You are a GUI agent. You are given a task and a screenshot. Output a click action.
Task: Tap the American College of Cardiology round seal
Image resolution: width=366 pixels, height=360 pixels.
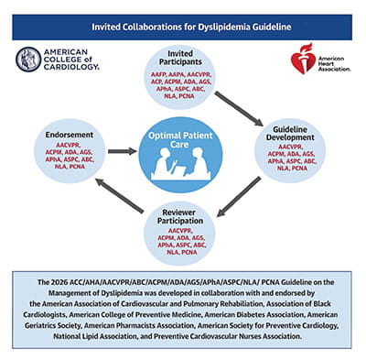pos(28,60)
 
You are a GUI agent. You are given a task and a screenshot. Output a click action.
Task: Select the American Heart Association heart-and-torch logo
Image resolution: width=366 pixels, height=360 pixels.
pos(303,59)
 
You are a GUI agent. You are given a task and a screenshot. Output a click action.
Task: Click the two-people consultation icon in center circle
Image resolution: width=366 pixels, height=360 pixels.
pos(182,166)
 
